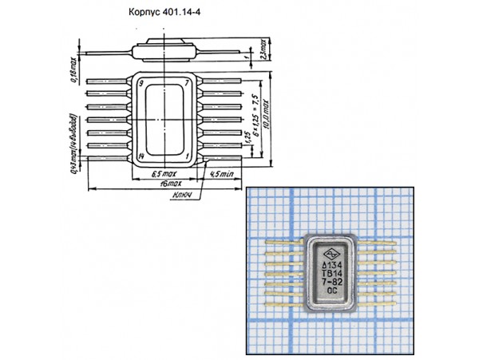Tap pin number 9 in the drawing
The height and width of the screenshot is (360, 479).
(x=141, y=83)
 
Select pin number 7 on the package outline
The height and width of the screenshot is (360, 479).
(x=187, y=83)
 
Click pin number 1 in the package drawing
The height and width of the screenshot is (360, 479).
(x=187, y=156)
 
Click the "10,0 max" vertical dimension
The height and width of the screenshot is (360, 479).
(x=269, y=120)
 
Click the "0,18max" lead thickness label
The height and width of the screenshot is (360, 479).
(x=73, y=69)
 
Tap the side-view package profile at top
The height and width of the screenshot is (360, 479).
(x=165, y=53)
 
